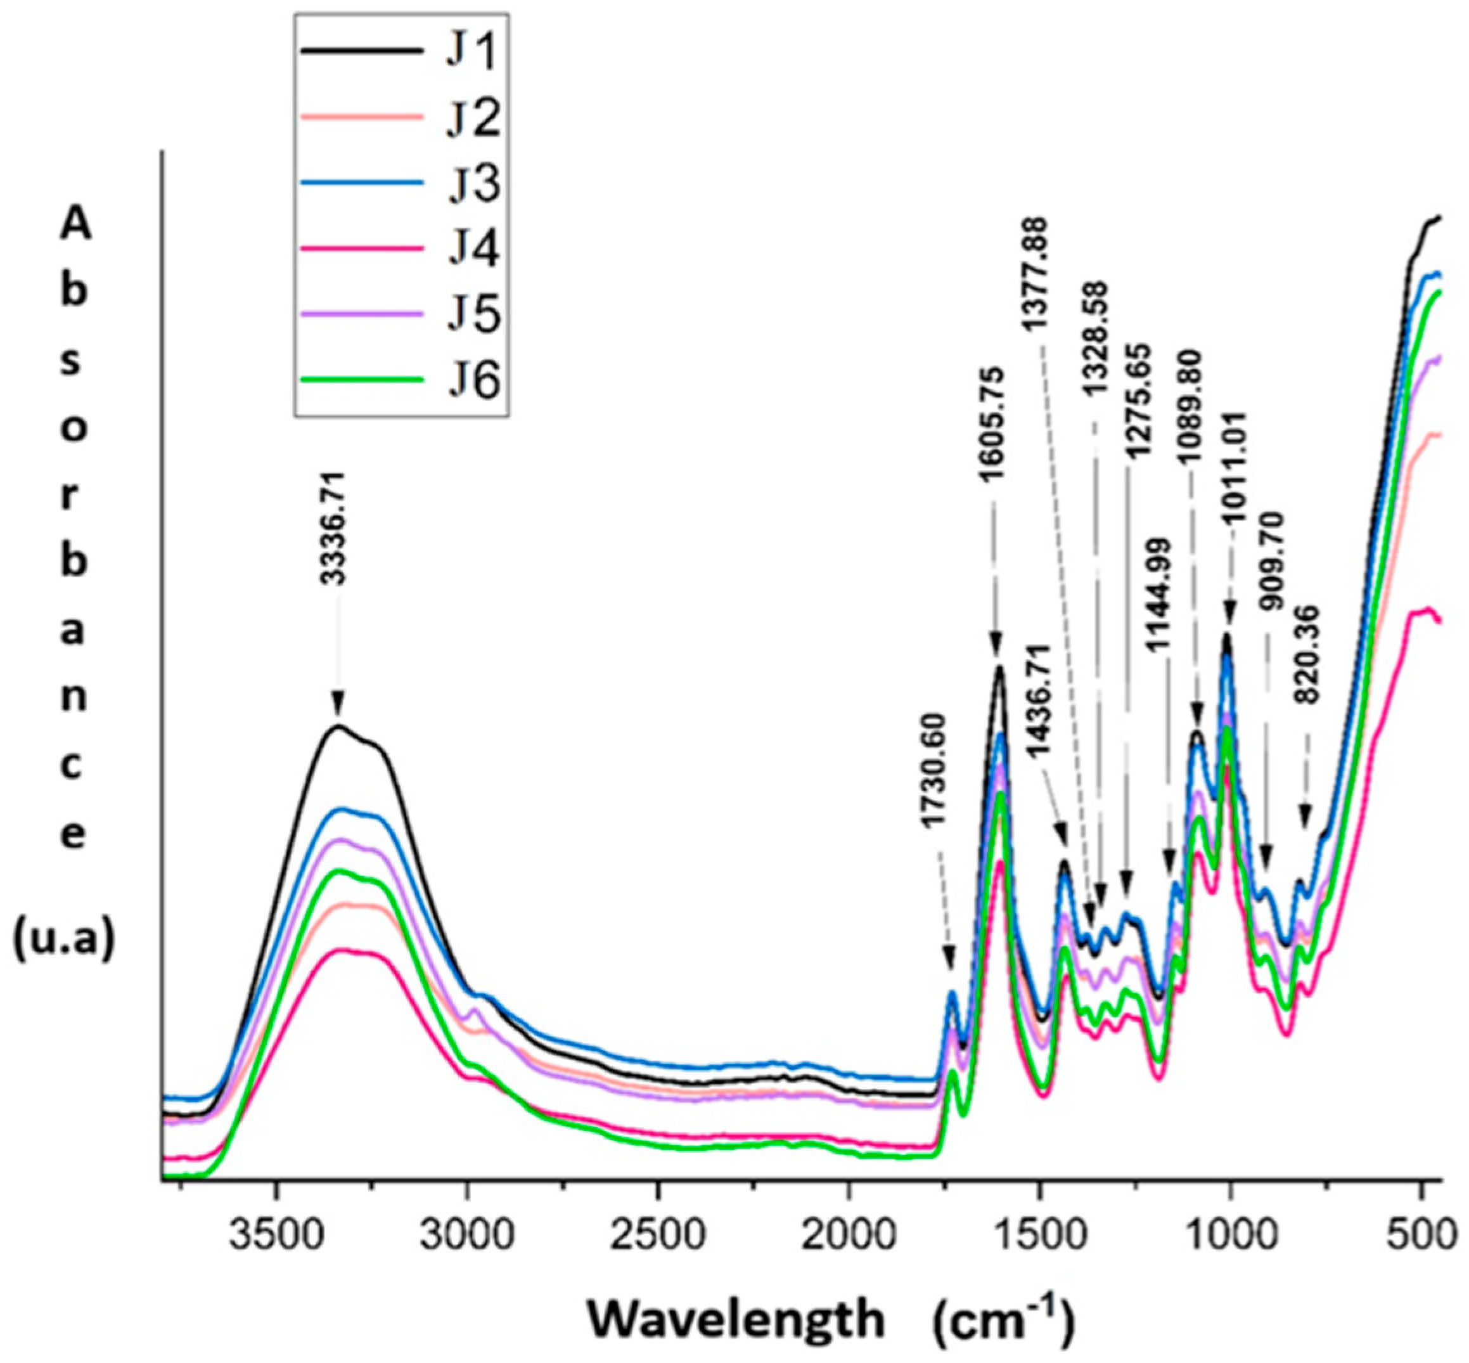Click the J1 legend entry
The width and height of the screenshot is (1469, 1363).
(473, 55)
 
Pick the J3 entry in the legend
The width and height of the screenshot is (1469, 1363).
(473, 184)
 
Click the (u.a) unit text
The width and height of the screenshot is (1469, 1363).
(64, 942)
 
